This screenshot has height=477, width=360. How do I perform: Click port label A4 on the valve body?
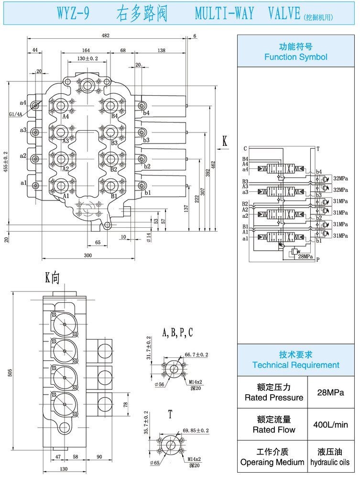click(65, 116)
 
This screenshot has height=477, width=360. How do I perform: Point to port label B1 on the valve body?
click(114, 196)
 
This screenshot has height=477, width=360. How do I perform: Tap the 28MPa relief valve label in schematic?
click(305, 257)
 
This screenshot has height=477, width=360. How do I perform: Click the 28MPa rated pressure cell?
click(331, 392)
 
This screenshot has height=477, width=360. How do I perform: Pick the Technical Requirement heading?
click(295, 365)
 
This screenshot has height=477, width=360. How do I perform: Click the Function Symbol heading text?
click(295, 57)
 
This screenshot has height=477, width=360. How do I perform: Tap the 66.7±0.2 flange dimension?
click(196, 355)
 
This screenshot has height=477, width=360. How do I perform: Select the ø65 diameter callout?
click(154, 463)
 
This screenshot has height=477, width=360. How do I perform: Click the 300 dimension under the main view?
click(87, 255)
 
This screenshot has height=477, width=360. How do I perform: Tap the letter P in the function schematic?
click(318, 260)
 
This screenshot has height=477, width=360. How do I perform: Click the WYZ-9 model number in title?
click(74, 14)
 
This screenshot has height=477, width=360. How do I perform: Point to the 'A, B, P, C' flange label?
click(177, 333)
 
